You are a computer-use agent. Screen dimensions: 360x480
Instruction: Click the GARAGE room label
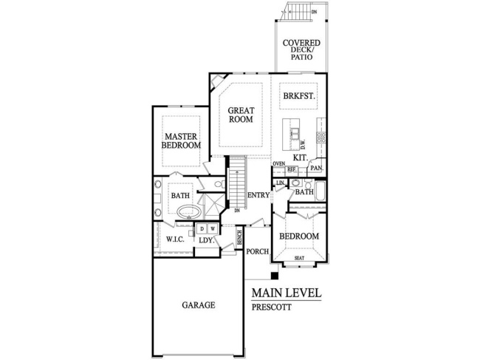coord(198,305)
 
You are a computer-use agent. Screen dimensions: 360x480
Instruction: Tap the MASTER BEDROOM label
coord(182,141)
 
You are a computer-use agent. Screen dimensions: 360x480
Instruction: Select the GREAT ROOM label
coord(241,115)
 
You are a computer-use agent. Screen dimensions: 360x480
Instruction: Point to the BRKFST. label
coord(298,96)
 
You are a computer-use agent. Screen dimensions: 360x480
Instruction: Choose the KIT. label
coord(301,157)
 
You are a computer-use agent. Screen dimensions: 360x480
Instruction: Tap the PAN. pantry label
coord(317,169)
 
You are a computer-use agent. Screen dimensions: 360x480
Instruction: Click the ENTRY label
coord(258,195)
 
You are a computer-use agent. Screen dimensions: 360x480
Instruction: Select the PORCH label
coord(257,251)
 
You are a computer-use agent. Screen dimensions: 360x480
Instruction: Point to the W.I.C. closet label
coord(174,239)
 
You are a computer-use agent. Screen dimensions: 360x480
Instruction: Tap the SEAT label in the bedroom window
coord(299,258)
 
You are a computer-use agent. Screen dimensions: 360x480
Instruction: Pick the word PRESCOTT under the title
coord(271,307)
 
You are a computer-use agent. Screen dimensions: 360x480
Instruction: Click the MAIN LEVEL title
coord(287,293)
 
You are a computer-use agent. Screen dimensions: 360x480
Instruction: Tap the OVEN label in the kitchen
coord(278,163)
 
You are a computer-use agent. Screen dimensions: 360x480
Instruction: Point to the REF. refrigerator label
coord(291,169)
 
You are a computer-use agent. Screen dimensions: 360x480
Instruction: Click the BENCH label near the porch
coord(240,237)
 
